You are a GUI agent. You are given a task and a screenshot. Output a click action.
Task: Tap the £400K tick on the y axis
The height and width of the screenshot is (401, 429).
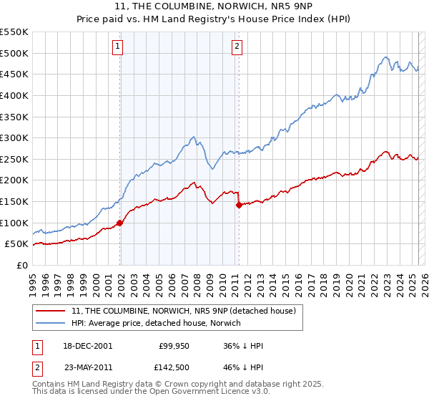tap(14, 95)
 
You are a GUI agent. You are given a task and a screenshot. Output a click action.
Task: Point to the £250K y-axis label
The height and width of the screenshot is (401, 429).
tap(14, 159)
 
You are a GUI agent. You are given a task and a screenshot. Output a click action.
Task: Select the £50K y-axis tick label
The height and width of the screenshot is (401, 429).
tap(17, 244)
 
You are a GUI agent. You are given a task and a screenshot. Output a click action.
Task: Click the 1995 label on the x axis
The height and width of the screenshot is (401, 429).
tap(33, 279)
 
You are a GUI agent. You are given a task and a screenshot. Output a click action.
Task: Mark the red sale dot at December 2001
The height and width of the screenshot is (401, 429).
tap(120, 223)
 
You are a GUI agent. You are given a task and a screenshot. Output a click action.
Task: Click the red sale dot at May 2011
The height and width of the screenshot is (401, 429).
tap(239, 205)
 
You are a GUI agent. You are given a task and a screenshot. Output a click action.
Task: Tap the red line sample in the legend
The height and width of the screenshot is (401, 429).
tap(51, 310)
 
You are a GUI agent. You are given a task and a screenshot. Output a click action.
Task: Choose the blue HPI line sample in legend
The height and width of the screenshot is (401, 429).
tap(51, 323)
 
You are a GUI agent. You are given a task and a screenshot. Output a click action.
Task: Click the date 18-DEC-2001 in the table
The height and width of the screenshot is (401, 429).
tap(88, 346)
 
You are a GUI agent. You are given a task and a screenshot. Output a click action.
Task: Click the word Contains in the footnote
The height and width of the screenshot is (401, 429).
tap(52, 384)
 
